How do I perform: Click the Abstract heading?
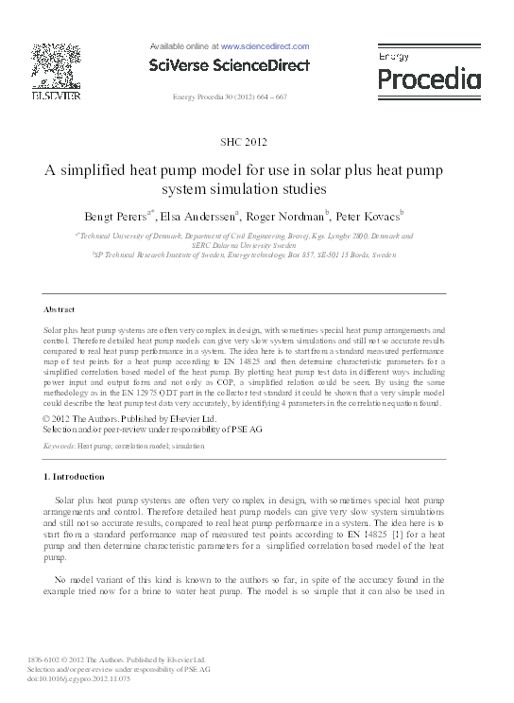pyautogui.click(x=60, y=309)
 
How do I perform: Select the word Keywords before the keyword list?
pyautogui.click(x=59, y=445)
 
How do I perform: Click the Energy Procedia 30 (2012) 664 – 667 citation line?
pyautogui.click(x=231, y=98)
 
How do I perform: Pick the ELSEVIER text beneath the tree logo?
pyautogui.click(x=55, y=96)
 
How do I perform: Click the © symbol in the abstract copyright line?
pyautogui.click(x=47, y=417)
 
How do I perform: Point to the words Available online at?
pyautogui.click(x=184, y=45)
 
